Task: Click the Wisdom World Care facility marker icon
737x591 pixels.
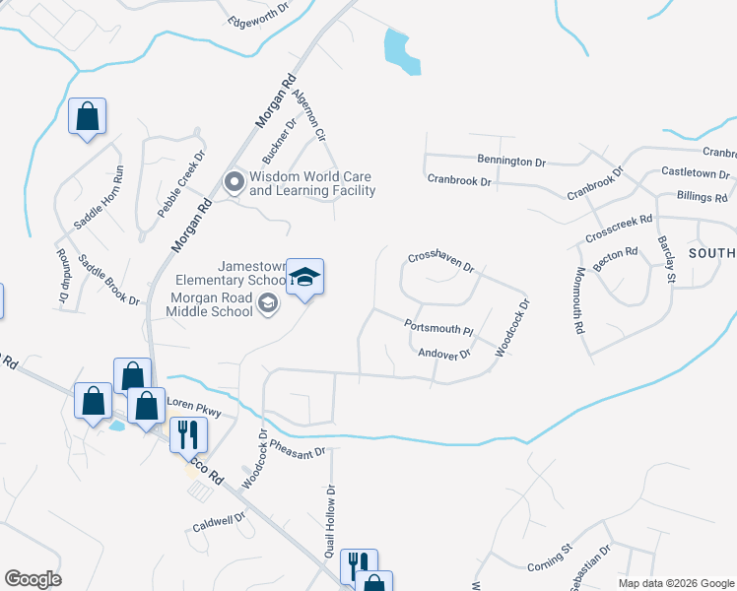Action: click(234, 182)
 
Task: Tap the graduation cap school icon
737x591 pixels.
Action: click(304, 277)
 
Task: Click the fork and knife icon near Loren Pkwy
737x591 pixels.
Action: click(184, 434)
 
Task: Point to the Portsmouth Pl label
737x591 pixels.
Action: click(439, 326)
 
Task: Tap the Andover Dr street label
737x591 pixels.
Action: click(444, 353)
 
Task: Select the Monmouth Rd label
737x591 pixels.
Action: click(578, 298)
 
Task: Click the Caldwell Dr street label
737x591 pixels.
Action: click(219, 523)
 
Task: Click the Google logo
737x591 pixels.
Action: click(33, 579)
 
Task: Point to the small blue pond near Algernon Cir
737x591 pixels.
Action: click(396, 48)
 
